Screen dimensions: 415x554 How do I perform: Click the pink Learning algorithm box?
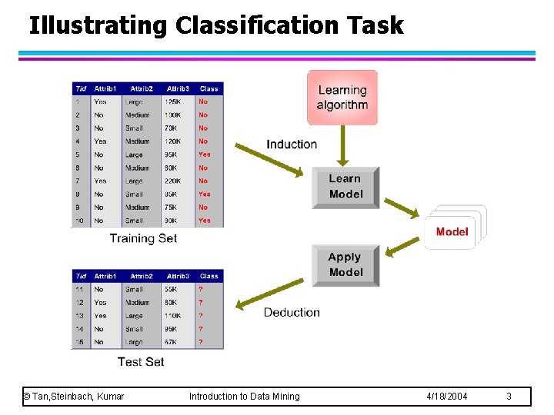pos(342,97)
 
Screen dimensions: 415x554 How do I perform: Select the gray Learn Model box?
pos(345,187)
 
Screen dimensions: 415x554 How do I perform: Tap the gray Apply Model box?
pos(345,265)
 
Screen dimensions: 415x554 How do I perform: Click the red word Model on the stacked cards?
pos(452,231)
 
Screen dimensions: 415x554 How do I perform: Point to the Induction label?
pos(292,144)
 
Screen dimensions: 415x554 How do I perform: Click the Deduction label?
pos(292,312)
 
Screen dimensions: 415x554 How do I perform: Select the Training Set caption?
pos(143,238)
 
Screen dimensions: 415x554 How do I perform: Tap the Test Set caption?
pos(141,361)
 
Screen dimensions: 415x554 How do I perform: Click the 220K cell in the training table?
pos(173,181)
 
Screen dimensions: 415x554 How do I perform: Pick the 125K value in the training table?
pos(173,101)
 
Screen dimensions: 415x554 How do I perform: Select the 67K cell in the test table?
pos(172,342)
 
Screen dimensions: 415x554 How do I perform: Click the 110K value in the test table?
pos(173,316)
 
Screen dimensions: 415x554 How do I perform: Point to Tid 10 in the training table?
pos(79,221)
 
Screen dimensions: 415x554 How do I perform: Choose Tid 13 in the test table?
pos(79,316)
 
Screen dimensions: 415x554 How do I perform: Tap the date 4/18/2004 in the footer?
pos(446,397)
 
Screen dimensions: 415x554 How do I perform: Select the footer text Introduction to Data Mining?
pos(245,397)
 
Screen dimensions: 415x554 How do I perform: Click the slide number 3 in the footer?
pos(509,397)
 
